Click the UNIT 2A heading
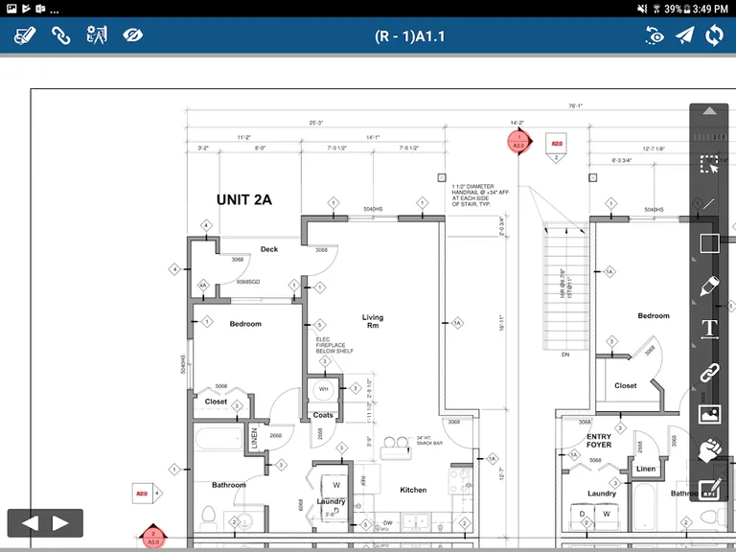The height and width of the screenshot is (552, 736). point(244,199)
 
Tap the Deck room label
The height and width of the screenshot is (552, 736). point(269,249)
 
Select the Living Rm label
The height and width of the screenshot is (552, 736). point(372,321)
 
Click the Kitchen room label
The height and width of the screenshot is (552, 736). point(413,490)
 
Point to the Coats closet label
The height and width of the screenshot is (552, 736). point(323,415)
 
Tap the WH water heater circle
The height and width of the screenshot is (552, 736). point(323,390)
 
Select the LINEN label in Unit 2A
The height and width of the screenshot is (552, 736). point(255,438)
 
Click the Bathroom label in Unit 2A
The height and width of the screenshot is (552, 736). point(229,485)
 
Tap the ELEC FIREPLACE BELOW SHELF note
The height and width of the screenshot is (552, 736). point(334,345)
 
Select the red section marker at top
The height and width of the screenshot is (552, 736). point(518,142)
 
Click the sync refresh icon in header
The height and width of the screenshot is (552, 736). point(714,35)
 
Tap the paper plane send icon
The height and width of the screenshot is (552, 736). point(684,35)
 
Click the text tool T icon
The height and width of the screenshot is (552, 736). point(709,329)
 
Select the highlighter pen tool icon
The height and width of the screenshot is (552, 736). point(709,286)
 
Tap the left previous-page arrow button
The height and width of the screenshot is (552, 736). point(30,523)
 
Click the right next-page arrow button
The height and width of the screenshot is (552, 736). point(60,523)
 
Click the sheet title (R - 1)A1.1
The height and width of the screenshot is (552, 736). point(409,36)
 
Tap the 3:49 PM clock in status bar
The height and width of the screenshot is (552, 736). point(709,8)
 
